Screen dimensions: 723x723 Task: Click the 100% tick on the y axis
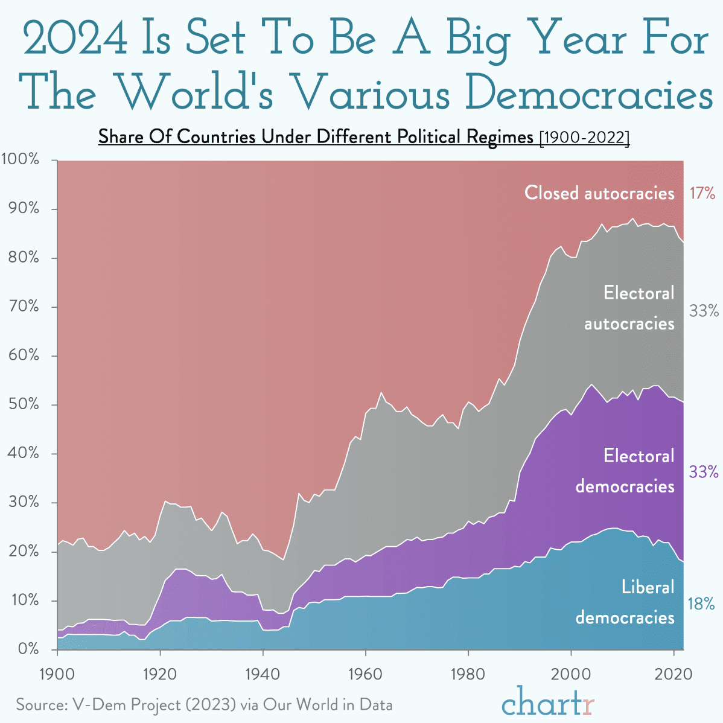coord(21,160)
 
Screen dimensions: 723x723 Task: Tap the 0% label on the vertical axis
coord(28,649)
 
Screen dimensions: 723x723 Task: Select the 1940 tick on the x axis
coord(263,673)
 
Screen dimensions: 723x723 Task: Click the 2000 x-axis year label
coord(570,673)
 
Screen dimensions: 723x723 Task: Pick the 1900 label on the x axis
coord(57,673)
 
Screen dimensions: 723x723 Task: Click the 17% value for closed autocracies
coord(702,193)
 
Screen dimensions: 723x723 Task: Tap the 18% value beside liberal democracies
coord(701,604)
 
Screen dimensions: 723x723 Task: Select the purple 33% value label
coord(703,471)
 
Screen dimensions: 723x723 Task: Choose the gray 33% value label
coord(704,311)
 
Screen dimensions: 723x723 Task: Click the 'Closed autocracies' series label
coord(599,193)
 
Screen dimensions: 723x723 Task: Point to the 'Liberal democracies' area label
coord(625,602)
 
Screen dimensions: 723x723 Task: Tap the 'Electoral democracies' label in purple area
coord(625,471)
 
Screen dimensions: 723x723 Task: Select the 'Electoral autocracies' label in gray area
coord(629,308)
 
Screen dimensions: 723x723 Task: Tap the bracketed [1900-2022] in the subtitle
coord(584,138)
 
